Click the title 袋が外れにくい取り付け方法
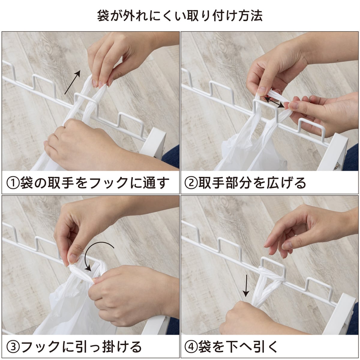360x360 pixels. (x=180, y=16)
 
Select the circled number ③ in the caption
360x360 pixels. (x=12, y=346)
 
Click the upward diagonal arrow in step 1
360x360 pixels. (x=73, y=82)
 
